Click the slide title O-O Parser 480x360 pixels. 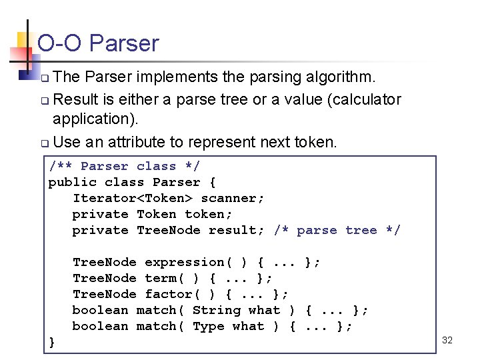point(98,43)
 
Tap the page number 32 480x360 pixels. point(447,340)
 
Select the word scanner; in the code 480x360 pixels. point(233,198)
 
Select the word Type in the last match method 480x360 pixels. point(208,326)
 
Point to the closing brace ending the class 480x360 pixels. point(53,342)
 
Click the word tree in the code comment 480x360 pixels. point(361,230)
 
